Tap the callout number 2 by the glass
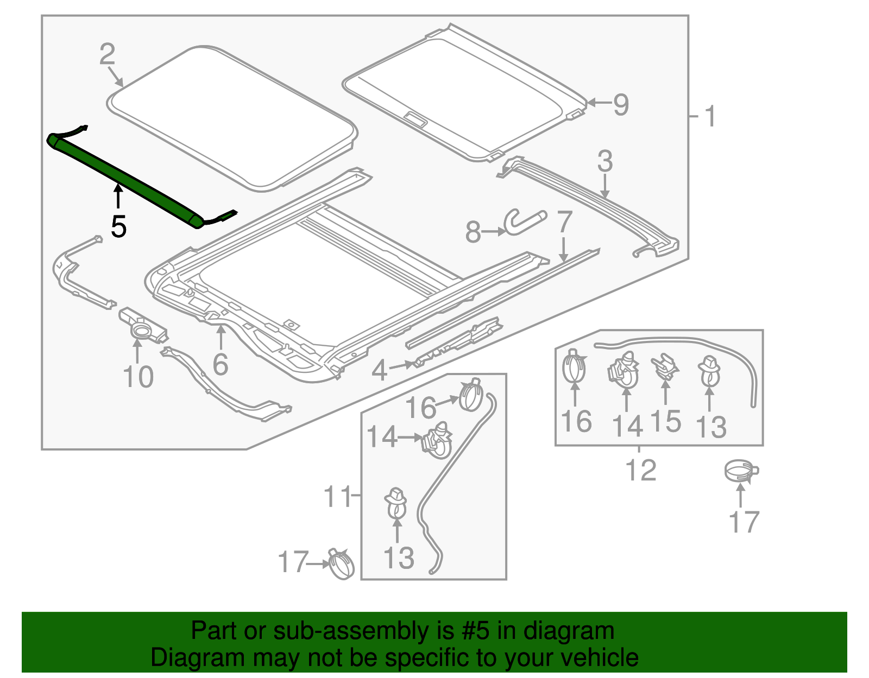point(108,54)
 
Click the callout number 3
point(604,162)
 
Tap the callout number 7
point(565,222)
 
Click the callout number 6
point(220,364)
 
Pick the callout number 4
point(379,370)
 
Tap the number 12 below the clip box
point(640,470)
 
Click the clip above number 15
point(665,366)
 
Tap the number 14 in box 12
point(627,426)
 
